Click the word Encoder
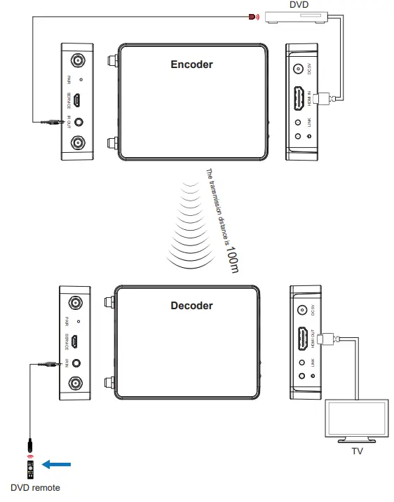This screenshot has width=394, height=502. click(191, 65)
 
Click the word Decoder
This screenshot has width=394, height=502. click(191, 305)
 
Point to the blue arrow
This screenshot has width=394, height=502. click(57, 463)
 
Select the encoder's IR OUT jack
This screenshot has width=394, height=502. click(78, 121)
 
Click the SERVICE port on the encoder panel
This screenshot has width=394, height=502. click(78, 100)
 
